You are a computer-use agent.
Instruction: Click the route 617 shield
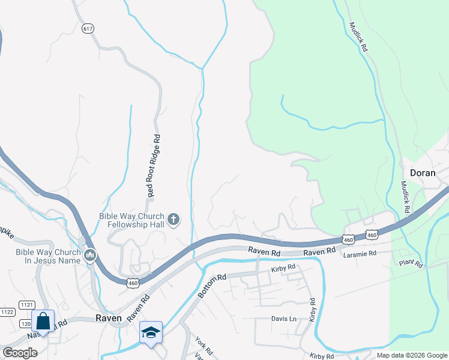click(x=88, y=29)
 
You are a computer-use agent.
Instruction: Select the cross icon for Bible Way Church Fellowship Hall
click(x=173, y=220)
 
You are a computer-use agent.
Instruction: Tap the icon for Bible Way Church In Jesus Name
click(x=91, y=256)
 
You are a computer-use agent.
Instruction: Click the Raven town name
click(x=109, y=318)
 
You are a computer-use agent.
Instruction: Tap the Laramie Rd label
click(x=359, y=254)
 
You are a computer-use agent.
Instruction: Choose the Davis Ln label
click(x=284, y=319)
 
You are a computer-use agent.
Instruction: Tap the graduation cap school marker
click(x=151, y=332)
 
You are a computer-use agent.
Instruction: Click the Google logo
click(x=20, y=353)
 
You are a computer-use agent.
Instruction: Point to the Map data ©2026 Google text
click(x=411, y=355)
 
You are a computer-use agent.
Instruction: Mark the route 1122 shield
click(x=7, y=312)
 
